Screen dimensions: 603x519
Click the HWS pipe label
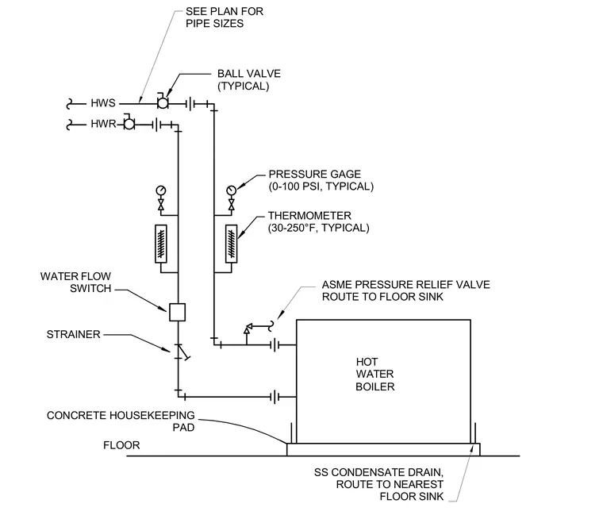103,103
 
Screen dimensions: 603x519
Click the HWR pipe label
103,124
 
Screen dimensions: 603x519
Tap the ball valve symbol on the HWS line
163,102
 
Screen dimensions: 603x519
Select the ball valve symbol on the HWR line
129,122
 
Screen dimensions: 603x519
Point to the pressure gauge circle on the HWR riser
161,190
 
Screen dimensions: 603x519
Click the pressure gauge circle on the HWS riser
231,190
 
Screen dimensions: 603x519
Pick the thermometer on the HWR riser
161,244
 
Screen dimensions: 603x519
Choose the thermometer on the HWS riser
231,244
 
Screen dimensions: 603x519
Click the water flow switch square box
177,312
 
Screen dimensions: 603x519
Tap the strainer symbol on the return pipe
182,352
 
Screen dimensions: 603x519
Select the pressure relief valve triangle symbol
247,329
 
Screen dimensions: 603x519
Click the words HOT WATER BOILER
375,375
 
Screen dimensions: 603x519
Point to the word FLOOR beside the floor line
121,445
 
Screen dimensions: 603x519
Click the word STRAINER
74,334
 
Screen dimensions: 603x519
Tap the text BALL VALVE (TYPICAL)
249,79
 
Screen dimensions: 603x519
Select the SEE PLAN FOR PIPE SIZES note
225,17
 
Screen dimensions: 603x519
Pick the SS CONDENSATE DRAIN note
378,484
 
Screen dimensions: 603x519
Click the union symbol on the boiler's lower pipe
275,397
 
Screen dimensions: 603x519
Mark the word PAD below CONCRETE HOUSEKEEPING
183,428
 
